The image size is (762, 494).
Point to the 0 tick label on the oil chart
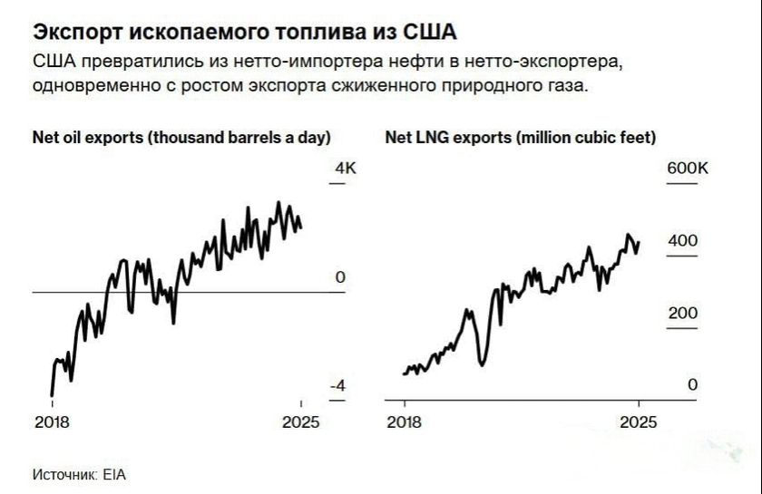(x=340, y=277)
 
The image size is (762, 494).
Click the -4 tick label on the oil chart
(x=337, y=386)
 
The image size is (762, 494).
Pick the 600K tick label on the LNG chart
(x=689, y=170)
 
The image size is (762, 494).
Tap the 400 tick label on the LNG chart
(x=683, y=241)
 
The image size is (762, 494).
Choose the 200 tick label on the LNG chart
(x=683, y=314)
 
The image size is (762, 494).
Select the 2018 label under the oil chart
(x=51, y=422)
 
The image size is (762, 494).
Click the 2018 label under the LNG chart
(x=404, y=422)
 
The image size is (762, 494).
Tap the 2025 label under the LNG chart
(x=639, y=422)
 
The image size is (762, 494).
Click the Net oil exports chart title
(x=181, y=138)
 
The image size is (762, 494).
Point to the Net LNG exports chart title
(x=521, y=138)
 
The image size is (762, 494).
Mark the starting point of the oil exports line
(x=51, y=394)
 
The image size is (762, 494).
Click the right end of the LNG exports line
(x=640, y=242)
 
